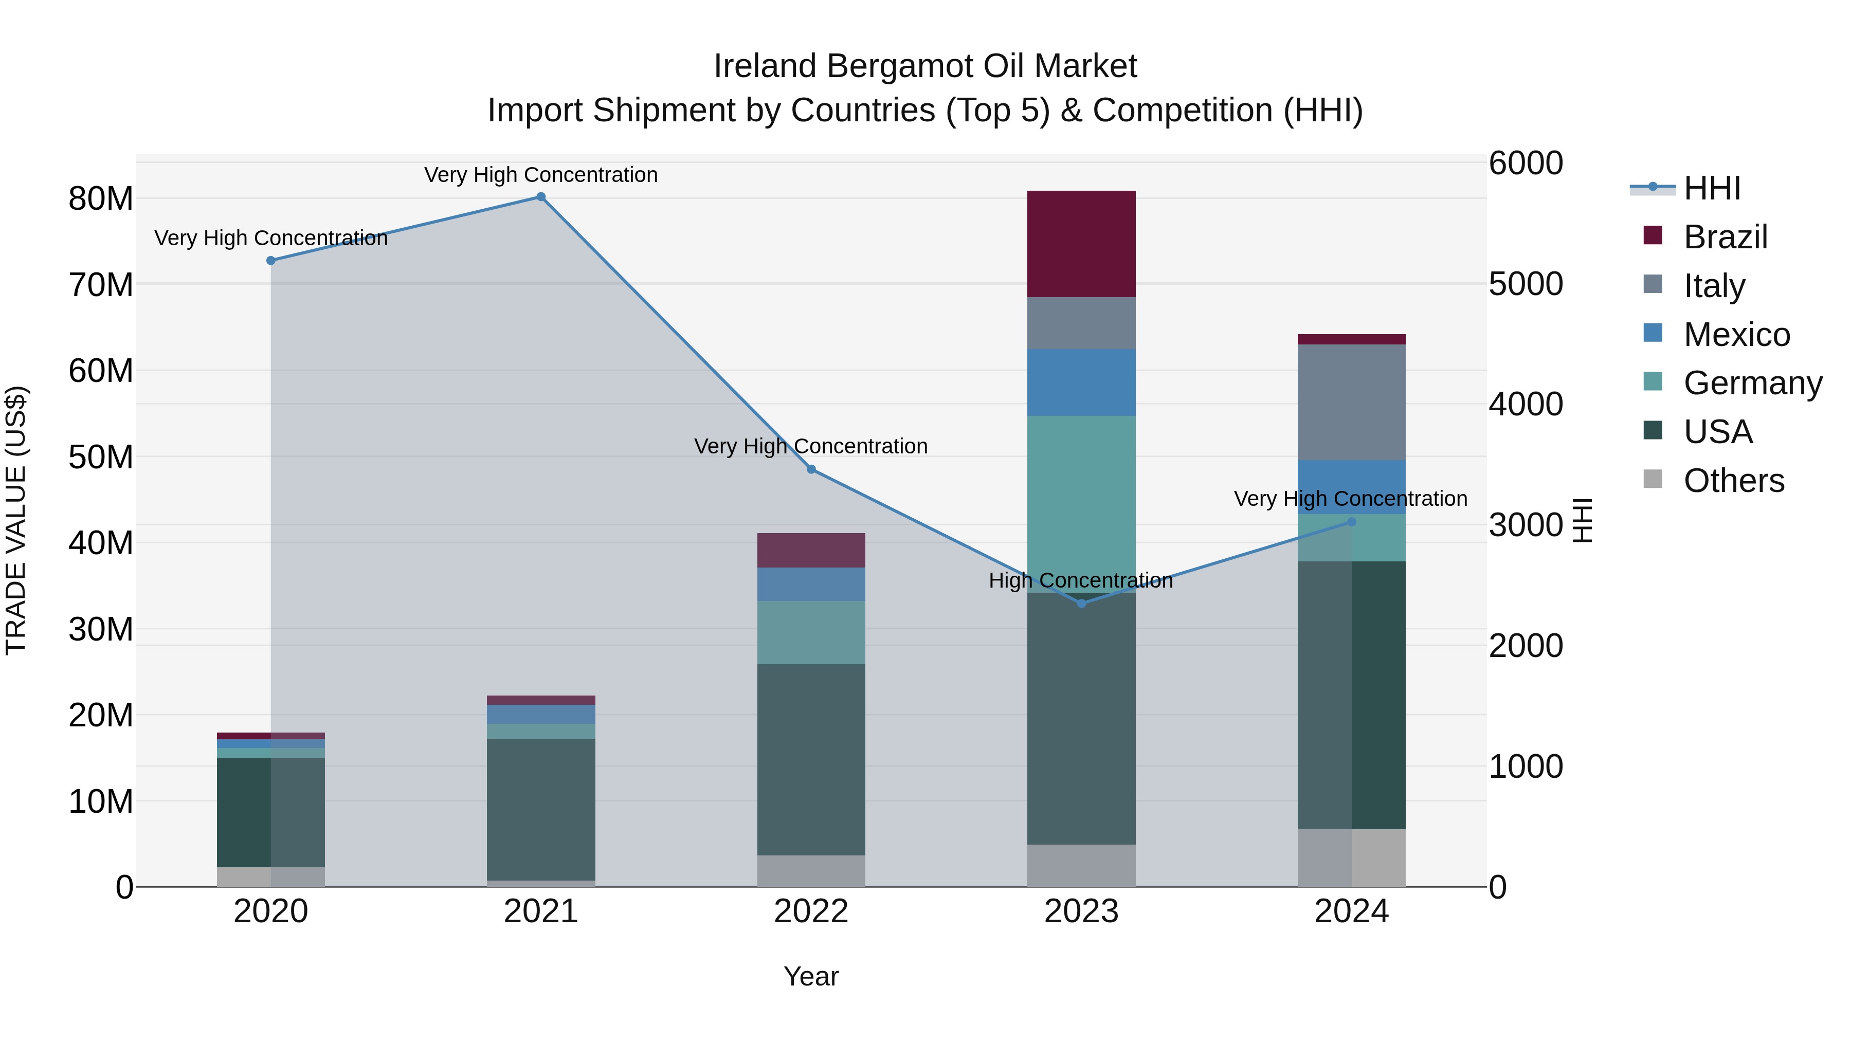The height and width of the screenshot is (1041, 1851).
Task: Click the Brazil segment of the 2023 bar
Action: pos(1081,244)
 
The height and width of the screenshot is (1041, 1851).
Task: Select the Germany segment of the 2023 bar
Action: pos(1081,503)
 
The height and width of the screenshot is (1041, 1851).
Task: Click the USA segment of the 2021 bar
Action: pos(540,809)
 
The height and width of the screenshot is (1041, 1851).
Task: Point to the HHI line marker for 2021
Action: pos(541,197)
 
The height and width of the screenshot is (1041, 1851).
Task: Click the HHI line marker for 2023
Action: pos(1081,604)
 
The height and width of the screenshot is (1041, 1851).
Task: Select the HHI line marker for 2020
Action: pos(271,261)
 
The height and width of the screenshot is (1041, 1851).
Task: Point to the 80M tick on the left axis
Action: pos(101,199)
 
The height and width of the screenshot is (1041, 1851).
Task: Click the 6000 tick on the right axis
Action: pos(1526,163)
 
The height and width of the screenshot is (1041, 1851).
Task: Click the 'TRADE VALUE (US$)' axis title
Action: pos(16,520)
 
